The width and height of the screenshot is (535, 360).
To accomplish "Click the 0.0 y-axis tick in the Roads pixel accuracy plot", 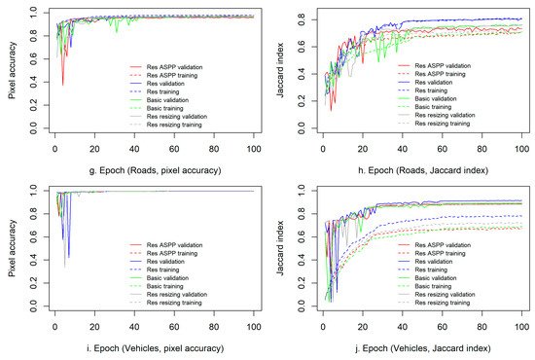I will coord(32,127).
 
